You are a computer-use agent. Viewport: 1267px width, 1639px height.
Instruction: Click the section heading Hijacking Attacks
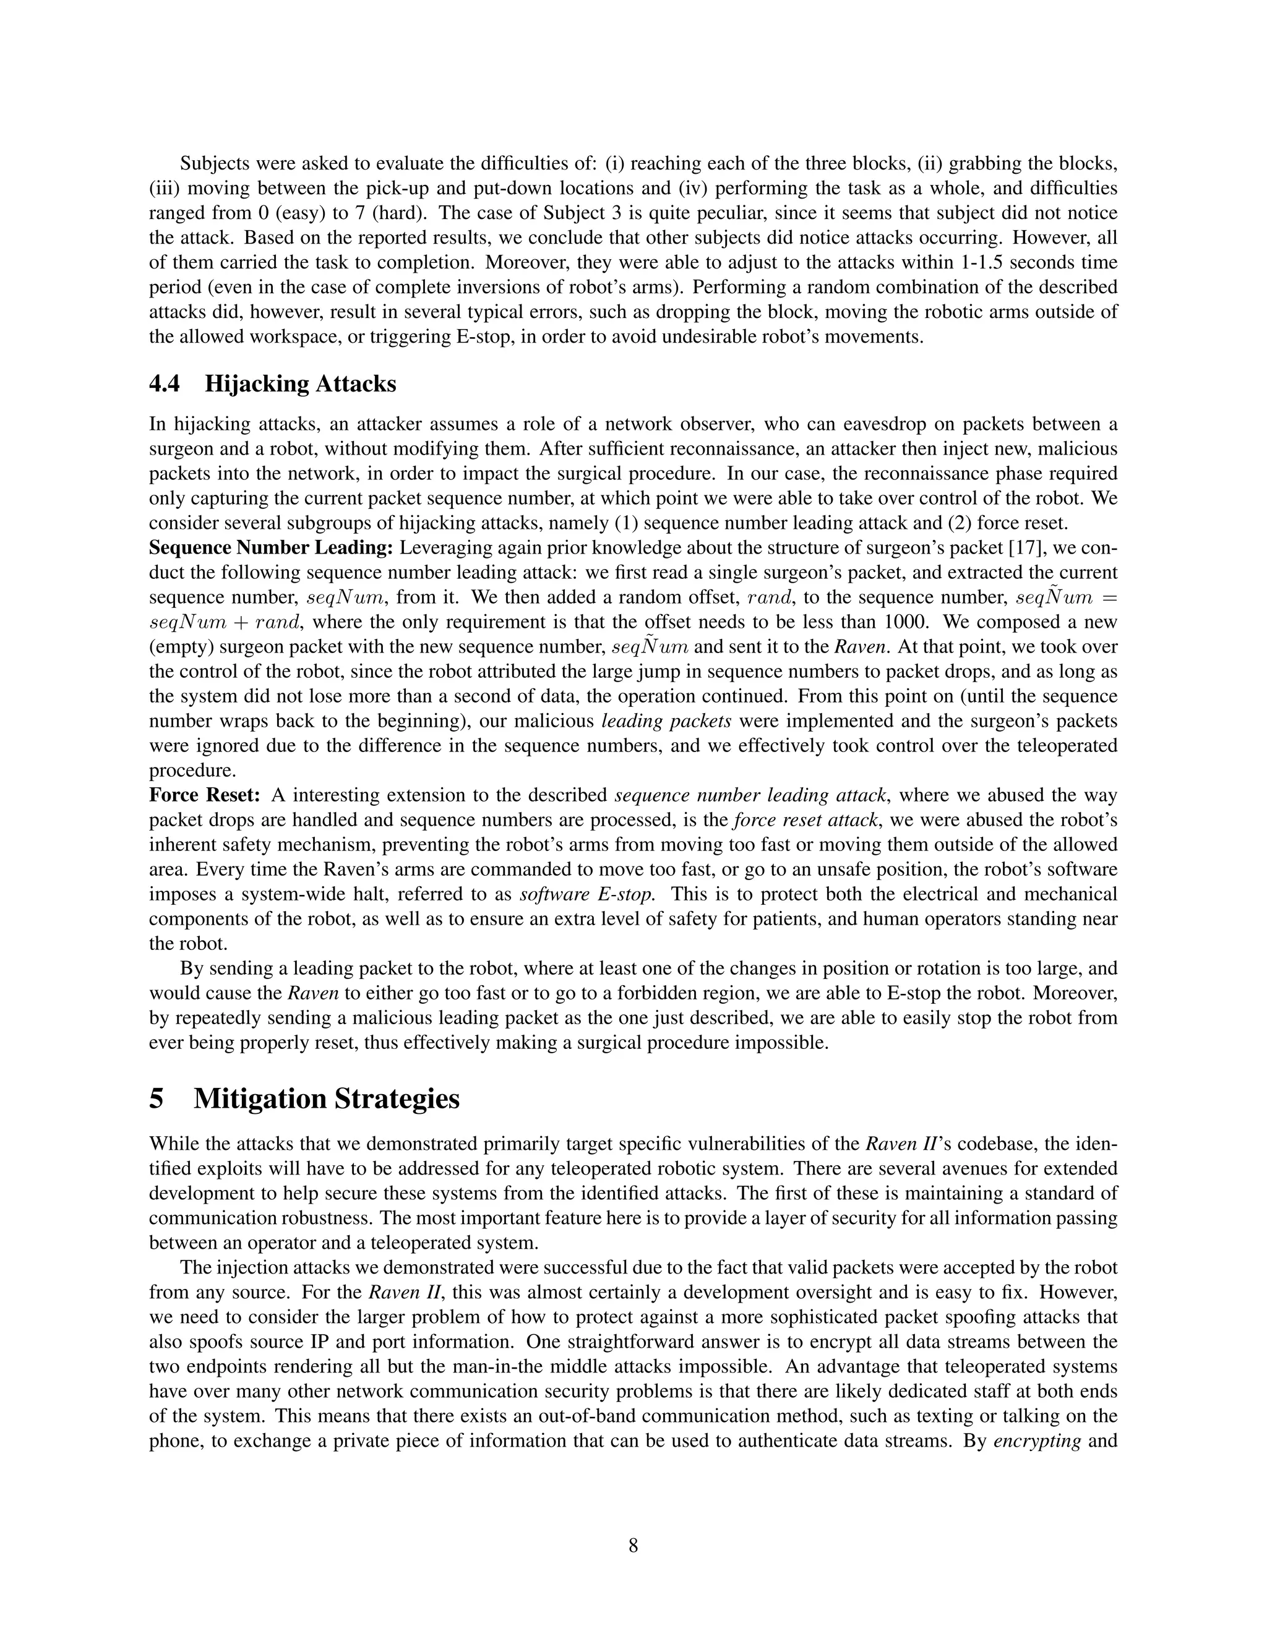(300, 384)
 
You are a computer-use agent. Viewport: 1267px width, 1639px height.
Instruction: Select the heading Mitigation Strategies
(327, 1098)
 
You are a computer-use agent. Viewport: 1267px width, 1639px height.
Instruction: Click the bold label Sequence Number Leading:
(271, 549)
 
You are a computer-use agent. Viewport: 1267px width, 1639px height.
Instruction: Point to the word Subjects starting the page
(215, 164)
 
